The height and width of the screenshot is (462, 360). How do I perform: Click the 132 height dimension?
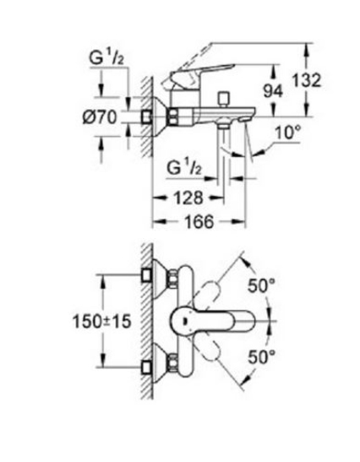point(306,80)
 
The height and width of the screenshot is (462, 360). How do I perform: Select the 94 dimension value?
point(273,90)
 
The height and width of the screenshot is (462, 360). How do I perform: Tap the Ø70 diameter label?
point(100,117)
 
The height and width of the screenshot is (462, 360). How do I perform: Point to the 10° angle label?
point(288,133)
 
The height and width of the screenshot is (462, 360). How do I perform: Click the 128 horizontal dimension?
point(188,198)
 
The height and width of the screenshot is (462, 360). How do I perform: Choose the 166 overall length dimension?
point(199,221)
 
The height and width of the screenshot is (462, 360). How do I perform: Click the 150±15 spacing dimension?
point(101,321)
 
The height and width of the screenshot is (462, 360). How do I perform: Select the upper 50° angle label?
point(261,285)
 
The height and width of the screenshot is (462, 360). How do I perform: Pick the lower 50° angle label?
point(261,356)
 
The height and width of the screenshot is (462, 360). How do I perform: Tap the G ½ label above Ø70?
point(106,57)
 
